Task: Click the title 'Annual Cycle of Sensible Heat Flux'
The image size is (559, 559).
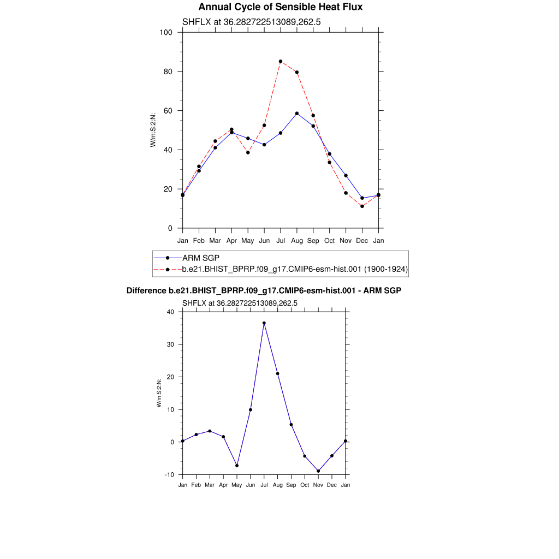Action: (x=280, y=7)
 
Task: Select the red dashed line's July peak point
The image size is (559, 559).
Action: (x=281, y=62)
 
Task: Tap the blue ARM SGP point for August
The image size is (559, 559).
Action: (x=297, y=114)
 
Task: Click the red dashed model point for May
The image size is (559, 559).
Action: (x=248, y=152)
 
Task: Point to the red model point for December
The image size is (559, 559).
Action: (x=362, y=206)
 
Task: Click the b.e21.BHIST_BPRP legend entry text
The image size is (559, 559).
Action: (x=295, y=269)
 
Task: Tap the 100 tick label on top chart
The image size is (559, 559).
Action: (x=166, y=33)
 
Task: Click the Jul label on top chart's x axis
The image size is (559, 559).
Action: (x=281, y=240)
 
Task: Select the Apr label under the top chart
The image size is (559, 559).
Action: (x=231, y=240)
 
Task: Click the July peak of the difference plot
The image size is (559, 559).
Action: (x=264, y=323)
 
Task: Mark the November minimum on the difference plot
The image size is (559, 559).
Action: (x=318, y=471)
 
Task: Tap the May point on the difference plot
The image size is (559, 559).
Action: (x=237, y=466)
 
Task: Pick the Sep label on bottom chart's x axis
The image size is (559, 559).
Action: (x=291, y=485)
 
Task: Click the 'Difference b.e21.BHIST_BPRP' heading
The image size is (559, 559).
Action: (x=264, y=291)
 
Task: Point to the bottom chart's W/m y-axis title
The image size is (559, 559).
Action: (x=159, y=393)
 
